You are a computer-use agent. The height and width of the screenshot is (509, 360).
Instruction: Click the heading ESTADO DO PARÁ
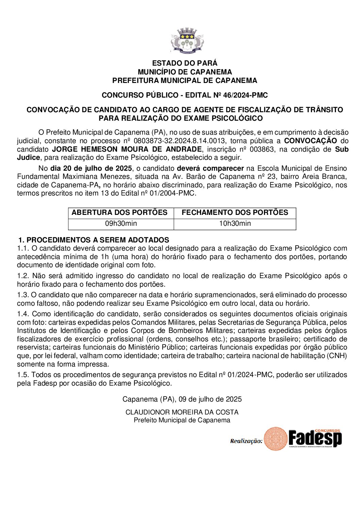click(184, 63)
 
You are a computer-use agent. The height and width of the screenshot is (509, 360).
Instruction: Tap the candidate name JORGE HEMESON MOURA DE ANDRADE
click(127, 149)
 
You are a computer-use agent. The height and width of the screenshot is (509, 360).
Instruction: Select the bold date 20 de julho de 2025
click(91, 168)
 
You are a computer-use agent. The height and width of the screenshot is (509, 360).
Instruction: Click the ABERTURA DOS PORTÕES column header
click(119, 213)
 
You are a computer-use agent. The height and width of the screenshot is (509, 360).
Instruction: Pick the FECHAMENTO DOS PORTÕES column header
click(235, 213)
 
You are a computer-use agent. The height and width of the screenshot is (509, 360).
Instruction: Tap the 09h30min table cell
click(121, 223)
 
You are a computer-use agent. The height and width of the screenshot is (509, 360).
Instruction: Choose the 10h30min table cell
click(235, 223)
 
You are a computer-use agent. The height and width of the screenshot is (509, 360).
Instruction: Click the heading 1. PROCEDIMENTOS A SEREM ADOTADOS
click(94, 240)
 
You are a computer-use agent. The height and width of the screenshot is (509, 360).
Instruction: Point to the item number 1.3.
click(23, 295)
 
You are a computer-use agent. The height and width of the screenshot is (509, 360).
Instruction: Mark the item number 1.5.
click(23, 375)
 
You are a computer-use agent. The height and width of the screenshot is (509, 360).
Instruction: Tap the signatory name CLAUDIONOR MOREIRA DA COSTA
click(182, 412)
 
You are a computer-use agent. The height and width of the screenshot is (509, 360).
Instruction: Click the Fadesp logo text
click(315, 438)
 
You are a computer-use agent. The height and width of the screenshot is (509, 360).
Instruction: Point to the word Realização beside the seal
click(246, 441)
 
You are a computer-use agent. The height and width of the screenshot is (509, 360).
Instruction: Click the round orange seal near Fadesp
click(276, 439)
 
